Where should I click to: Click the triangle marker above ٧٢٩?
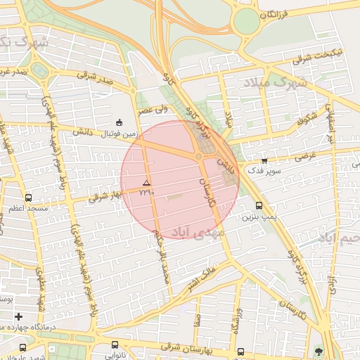pyautogui.click(x=146, y=183)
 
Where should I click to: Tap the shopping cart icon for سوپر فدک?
pyautogui.click(x=264, y=161)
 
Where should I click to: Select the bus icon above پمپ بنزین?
pyautogui.click(x=259, y=206)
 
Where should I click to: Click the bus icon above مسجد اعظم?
pyautogui.click(x=28, y=198)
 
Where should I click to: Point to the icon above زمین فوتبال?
pyautogui.click(x=119, y=122)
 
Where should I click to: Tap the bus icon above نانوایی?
pyautogui.click(x=115, y=345)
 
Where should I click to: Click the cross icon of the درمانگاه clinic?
pyautogui.click(x=18, y=317)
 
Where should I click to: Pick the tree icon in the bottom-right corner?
pyautogui.click(x=319, y=350)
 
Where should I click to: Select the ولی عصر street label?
pyautogui.click(x=153, y=109)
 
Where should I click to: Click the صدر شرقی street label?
pyautogui.click(x=96, y=81)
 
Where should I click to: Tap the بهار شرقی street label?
pyautogui.click(x=105, y=195)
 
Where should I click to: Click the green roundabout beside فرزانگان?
pyautogui.click(x=246, y=21)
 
